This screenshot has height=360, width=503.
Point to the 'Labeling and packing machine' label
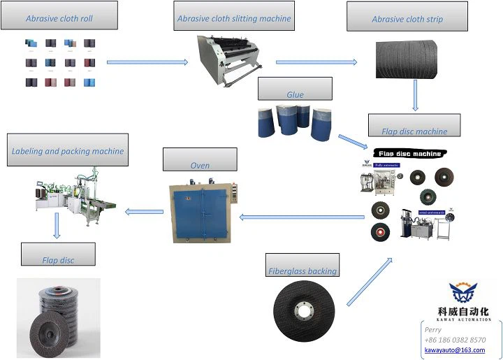pos(68,150)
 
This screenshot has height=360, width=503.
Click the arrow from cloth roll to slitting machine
pos(147,62)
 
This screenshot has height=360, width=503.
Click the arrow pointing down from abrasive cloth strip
pos(416,95)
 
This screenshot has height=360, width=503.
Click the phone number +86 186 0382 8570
pos(455,340)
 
